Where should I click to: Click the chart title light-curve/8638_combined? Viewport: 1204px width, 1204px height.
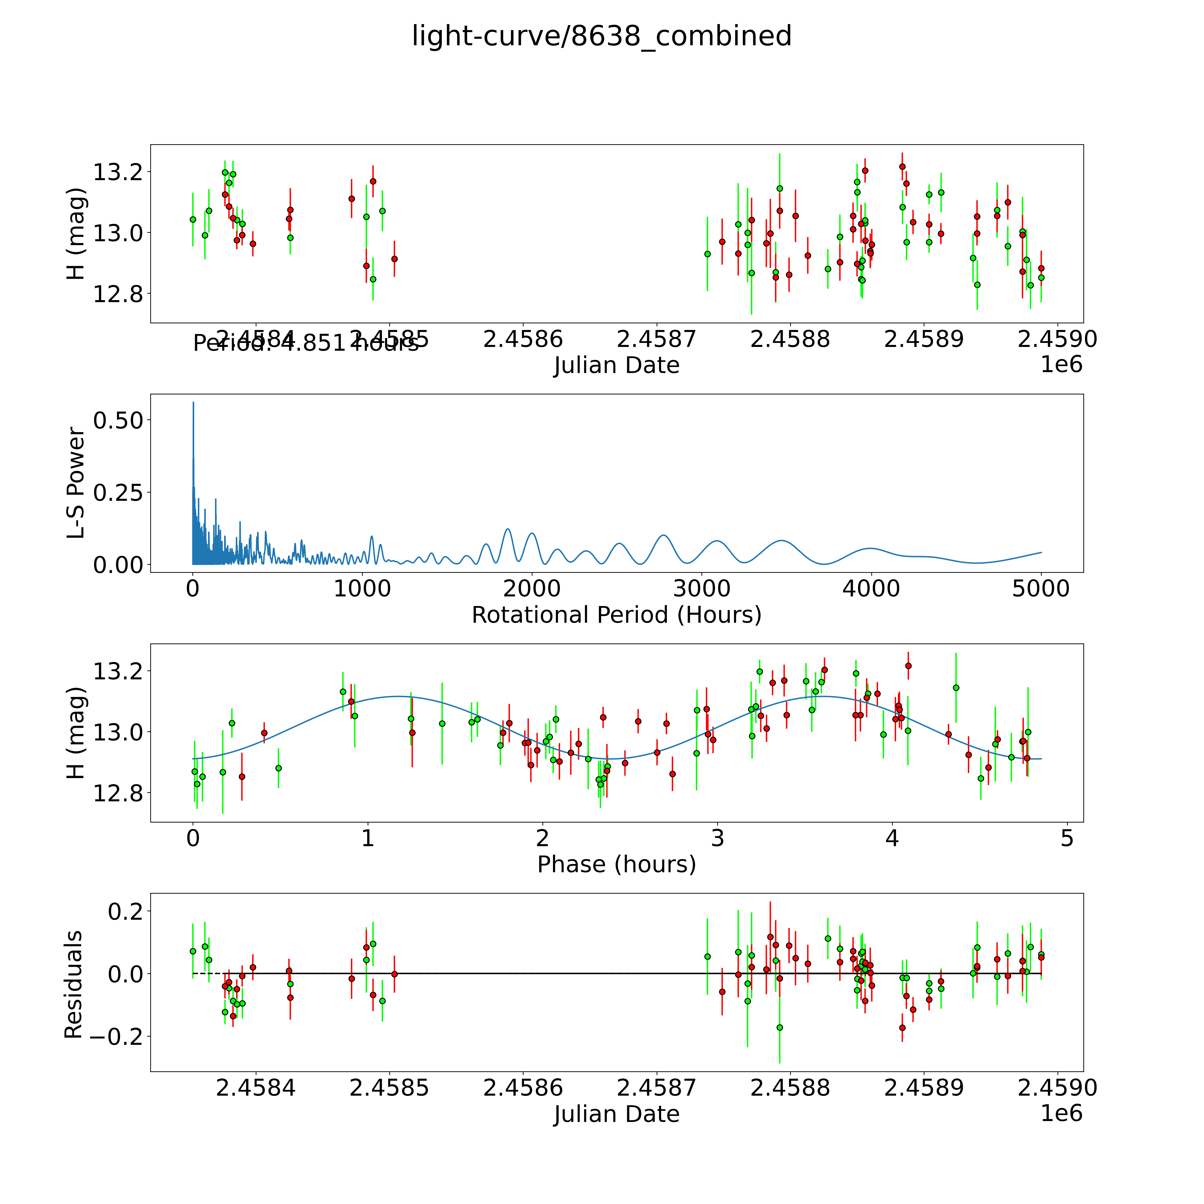coord(601,36)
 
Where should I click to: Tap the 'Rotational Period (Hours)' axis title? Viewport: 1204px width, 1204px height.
coord(616,615)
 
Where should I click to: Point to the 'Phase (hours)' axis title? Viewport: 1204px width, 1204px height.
coord(616,864)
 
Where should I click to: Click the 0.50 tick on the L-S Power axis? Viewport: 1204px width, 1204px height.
coord(118,421)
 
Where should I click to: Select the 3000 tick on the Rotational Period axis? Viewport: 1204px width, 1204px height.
coord(702,589)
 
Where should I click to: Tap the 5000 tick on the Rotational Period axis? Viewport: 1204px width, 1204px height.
coord(1041,589)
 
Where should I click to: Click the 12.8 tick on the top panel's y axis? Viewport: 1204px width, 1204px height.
coord(118,294)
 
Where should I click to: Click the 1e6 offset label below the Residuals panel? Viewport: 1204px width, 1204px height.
coord(1061,1113)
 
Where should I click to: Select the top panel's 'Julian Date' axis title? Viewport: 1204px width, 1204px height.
coord(616,365)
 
